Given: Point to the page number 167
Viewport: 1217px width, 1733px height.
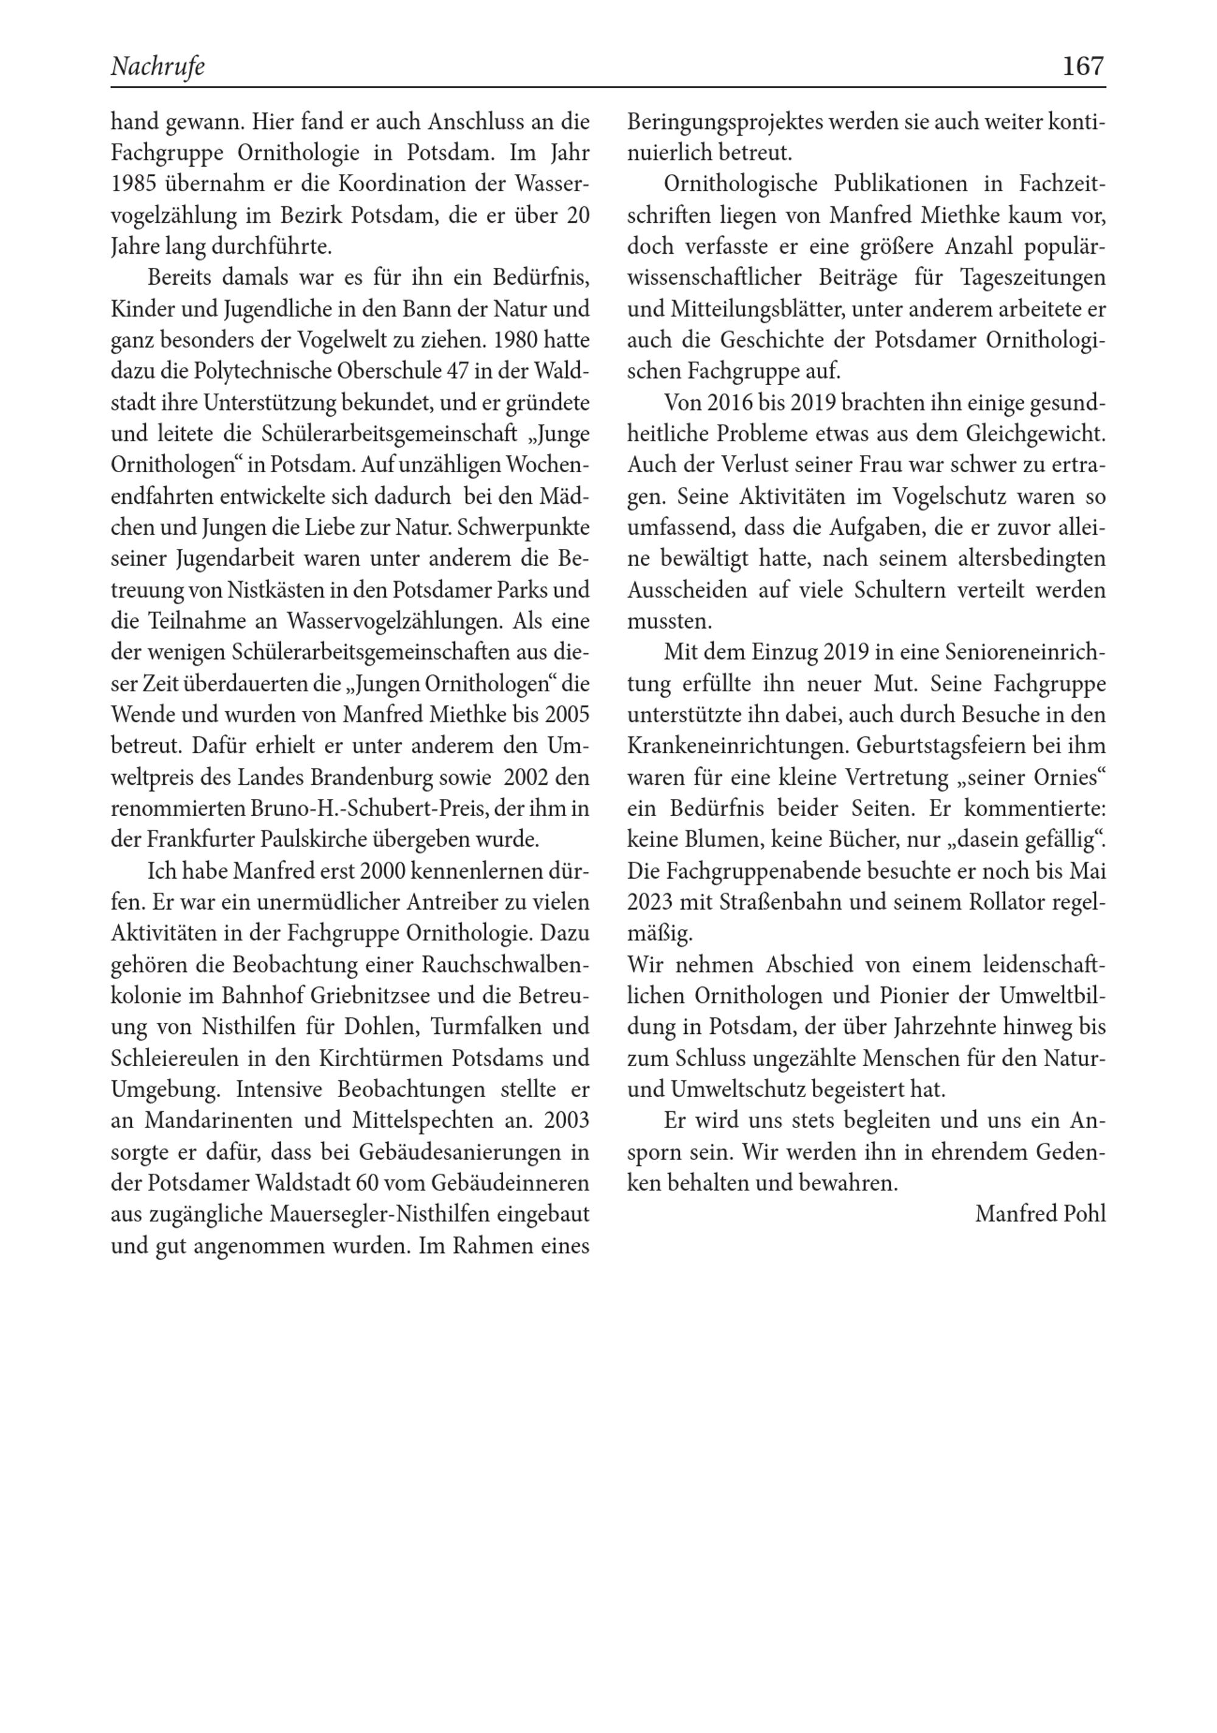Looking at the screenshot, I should (x=1083, y=66).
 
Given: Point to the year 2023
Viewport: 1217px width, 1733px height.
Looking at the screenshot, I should (x=649, y=902).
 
